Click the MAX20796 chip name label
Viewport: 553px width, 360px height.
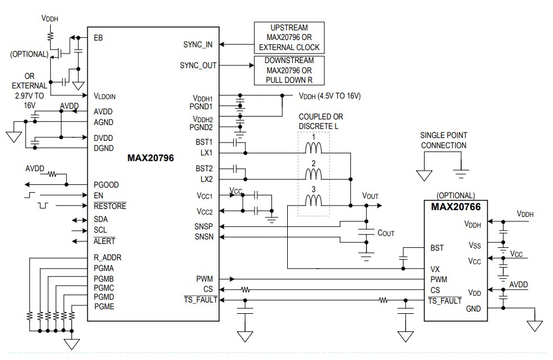pos(151,158)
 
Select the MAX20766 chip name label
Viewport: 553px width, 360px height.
pos(456,207)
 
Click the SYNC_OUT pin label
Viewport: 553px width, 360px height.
pos(197,65)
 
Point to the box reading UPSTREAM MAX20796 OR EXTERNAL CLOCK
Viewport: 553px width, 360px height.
pos(289,37)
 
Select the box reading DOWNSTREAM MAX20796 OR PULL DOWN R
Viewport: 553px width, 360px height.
pos(289,70)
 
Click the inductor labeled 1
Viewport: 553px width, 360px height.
pos(314,149)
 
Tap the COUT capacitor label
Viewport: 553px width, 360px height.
pos(386,232)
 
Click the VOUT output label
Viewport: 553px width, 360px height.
pos(371,196)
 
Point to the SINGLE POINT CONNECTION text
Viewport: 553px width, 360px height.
pos(443,140)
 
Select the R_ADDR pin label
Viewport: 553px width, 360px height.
pos(108,257)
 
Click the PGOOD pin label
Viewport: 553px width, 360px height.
pos(106,185)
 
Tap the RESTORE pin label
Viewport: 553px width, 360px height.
pos(110,206)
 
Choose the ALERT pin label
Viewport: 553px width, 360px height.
pos(104,241)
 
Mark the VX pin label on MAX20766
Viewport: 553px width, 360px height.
pos(435,269)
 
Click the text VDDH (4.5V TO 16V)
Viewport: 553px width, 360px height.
pos(329,96)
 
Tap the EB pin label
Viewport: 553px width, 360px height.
pos(99,38)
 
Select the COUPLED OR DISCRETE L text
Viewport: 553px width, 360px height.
pos(321,121)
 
